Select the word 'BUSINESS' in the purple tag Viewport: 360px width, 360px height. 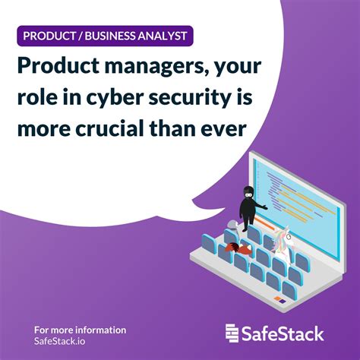tap(122, 35)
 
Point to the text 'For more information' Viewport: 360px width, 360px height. tap(80, 330)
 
